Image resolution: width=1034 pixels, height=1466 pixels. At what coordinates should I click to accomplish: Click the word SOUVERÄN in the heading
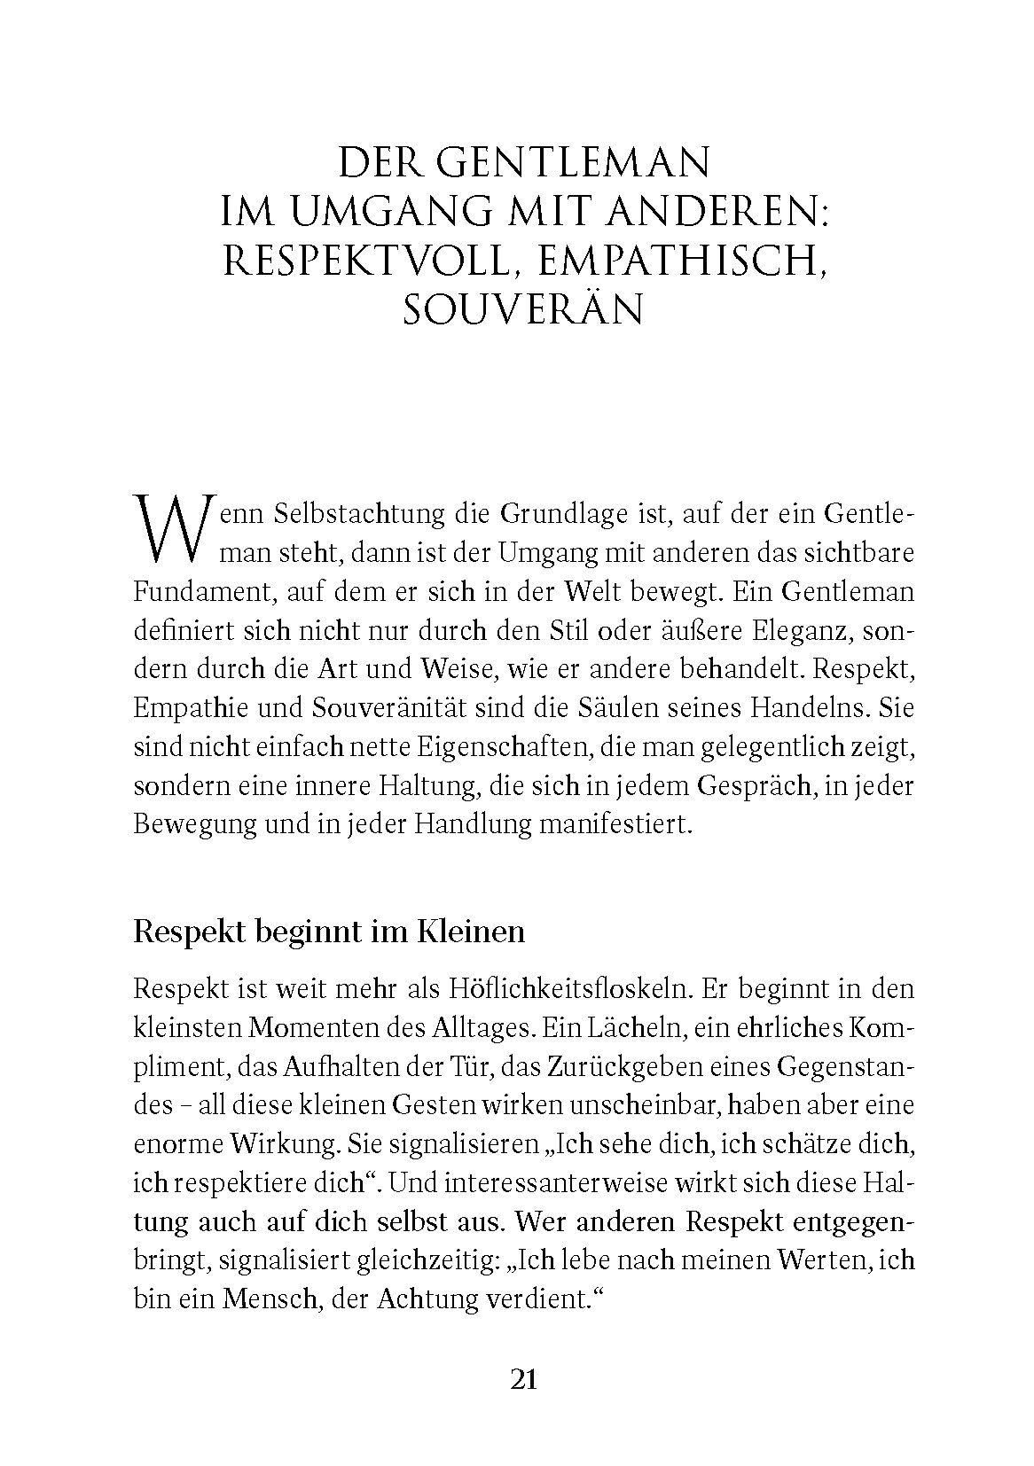tap(522, 310)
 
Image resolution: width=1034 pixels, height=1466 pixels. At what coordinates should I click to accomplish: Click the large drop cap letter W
tap(169, 530)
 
